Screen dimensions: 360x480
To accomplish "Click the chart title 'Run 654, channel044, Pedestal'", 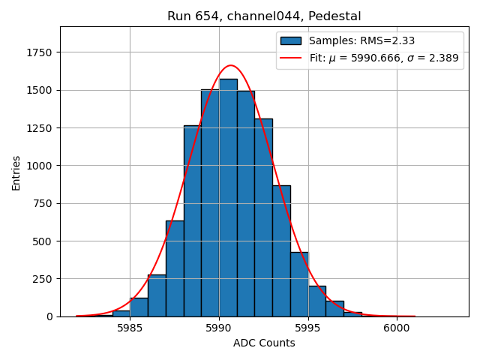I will pos(264,16).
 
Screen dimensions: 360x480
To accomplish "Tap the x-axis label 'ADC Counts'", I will pos(264,343).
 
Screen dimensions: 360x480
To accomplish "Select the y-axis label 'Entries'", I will pos(16,172).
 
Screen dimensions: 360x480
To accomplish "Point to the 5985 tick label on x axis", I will pos(130,328).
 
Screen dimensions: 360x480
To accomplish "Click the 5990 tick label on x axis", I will pos(219,328).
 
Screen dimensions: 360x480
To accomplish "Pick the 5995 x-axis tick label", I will pos(307,328).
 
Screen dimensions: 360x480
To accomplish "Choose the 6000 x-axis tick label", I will pos(397,328).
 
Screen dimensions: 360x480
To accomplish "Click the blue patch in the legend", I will pos(290,41).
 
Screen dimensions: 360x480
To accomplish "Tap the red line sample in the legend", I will pos(290,58).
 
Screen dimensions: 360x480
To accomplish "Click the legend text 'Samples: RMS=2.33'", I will pos(362,41).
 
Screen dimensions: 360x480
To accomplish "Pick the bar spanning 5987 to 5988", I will pos(175,270).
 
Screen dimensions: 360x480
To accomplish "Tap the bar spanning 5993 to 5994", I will pos(281,251).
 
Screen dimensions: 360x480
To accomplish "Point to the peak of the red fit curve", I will pos(230,65).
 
